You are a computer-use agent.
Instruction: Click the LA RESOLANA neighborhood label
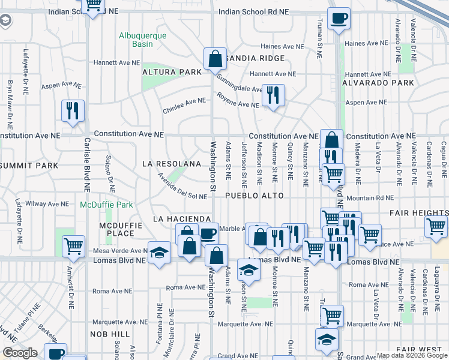(171, 164)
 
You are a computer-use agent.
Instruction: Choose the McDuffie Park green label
(106, 205)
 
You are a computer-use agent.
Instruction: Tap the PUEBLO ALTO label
(253, 196)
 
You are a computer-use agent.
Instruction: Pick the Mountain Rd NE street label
(370, 197)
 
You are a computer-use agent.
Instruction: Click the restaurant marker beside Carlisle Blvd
(73, 110)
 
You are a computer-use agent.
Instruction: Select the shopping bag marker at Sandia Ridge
(214, 59)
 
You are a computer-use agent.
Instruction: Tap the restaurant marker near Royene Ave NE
(273, 95)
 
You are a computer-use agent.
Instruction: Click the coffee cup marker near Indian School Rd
(339, 19)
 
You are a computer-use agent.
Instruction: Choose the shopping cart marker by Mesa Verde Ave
(73, 245)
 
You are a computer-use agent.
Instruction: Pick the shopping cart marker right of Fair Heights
(436, 226)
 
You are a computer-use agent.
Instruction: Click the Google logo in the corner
(20, 353)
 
